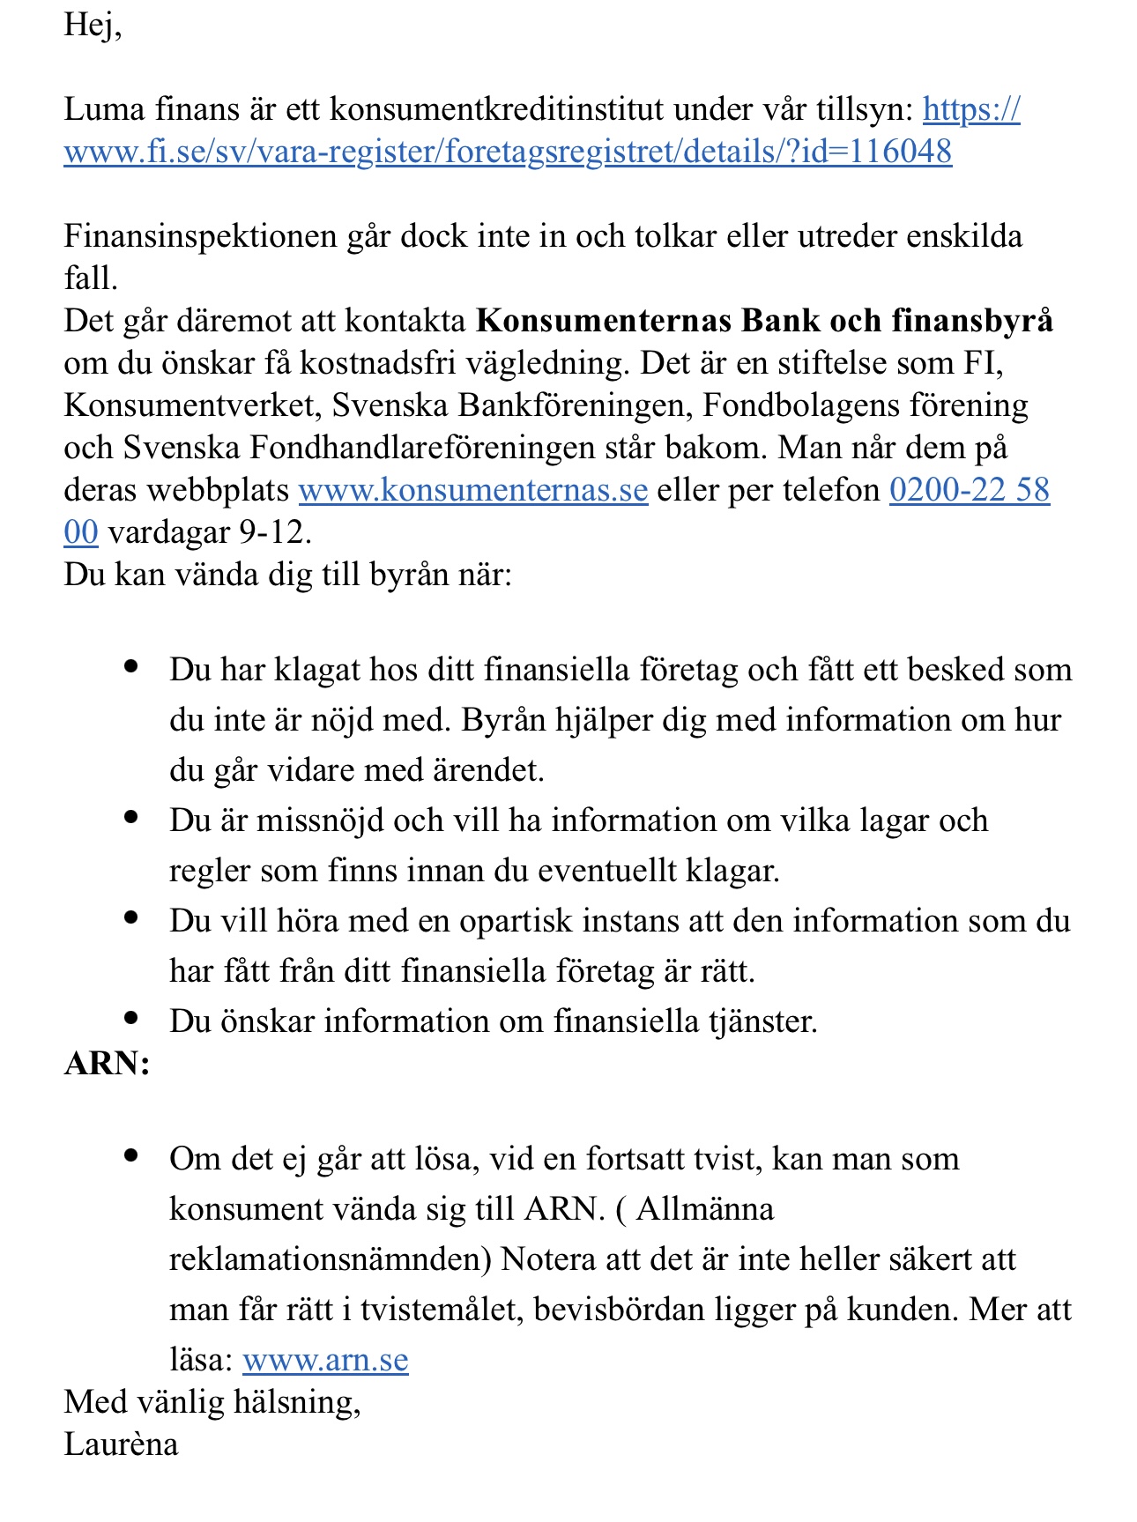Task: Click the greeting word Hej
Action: point(89,25)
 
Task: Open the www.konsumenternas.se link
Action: point(473,490)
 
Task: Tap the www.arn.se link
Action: point(325,1360)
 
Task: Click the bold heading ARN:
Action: point(107,1064)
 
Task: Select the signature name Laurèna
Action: point(121,1444)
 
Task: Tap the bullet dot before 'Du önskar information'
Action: point(132,1019)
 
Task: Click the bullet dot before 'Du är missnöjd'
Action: point(132,818)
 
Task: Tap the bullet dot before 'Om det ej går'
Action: point(132,1155)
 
